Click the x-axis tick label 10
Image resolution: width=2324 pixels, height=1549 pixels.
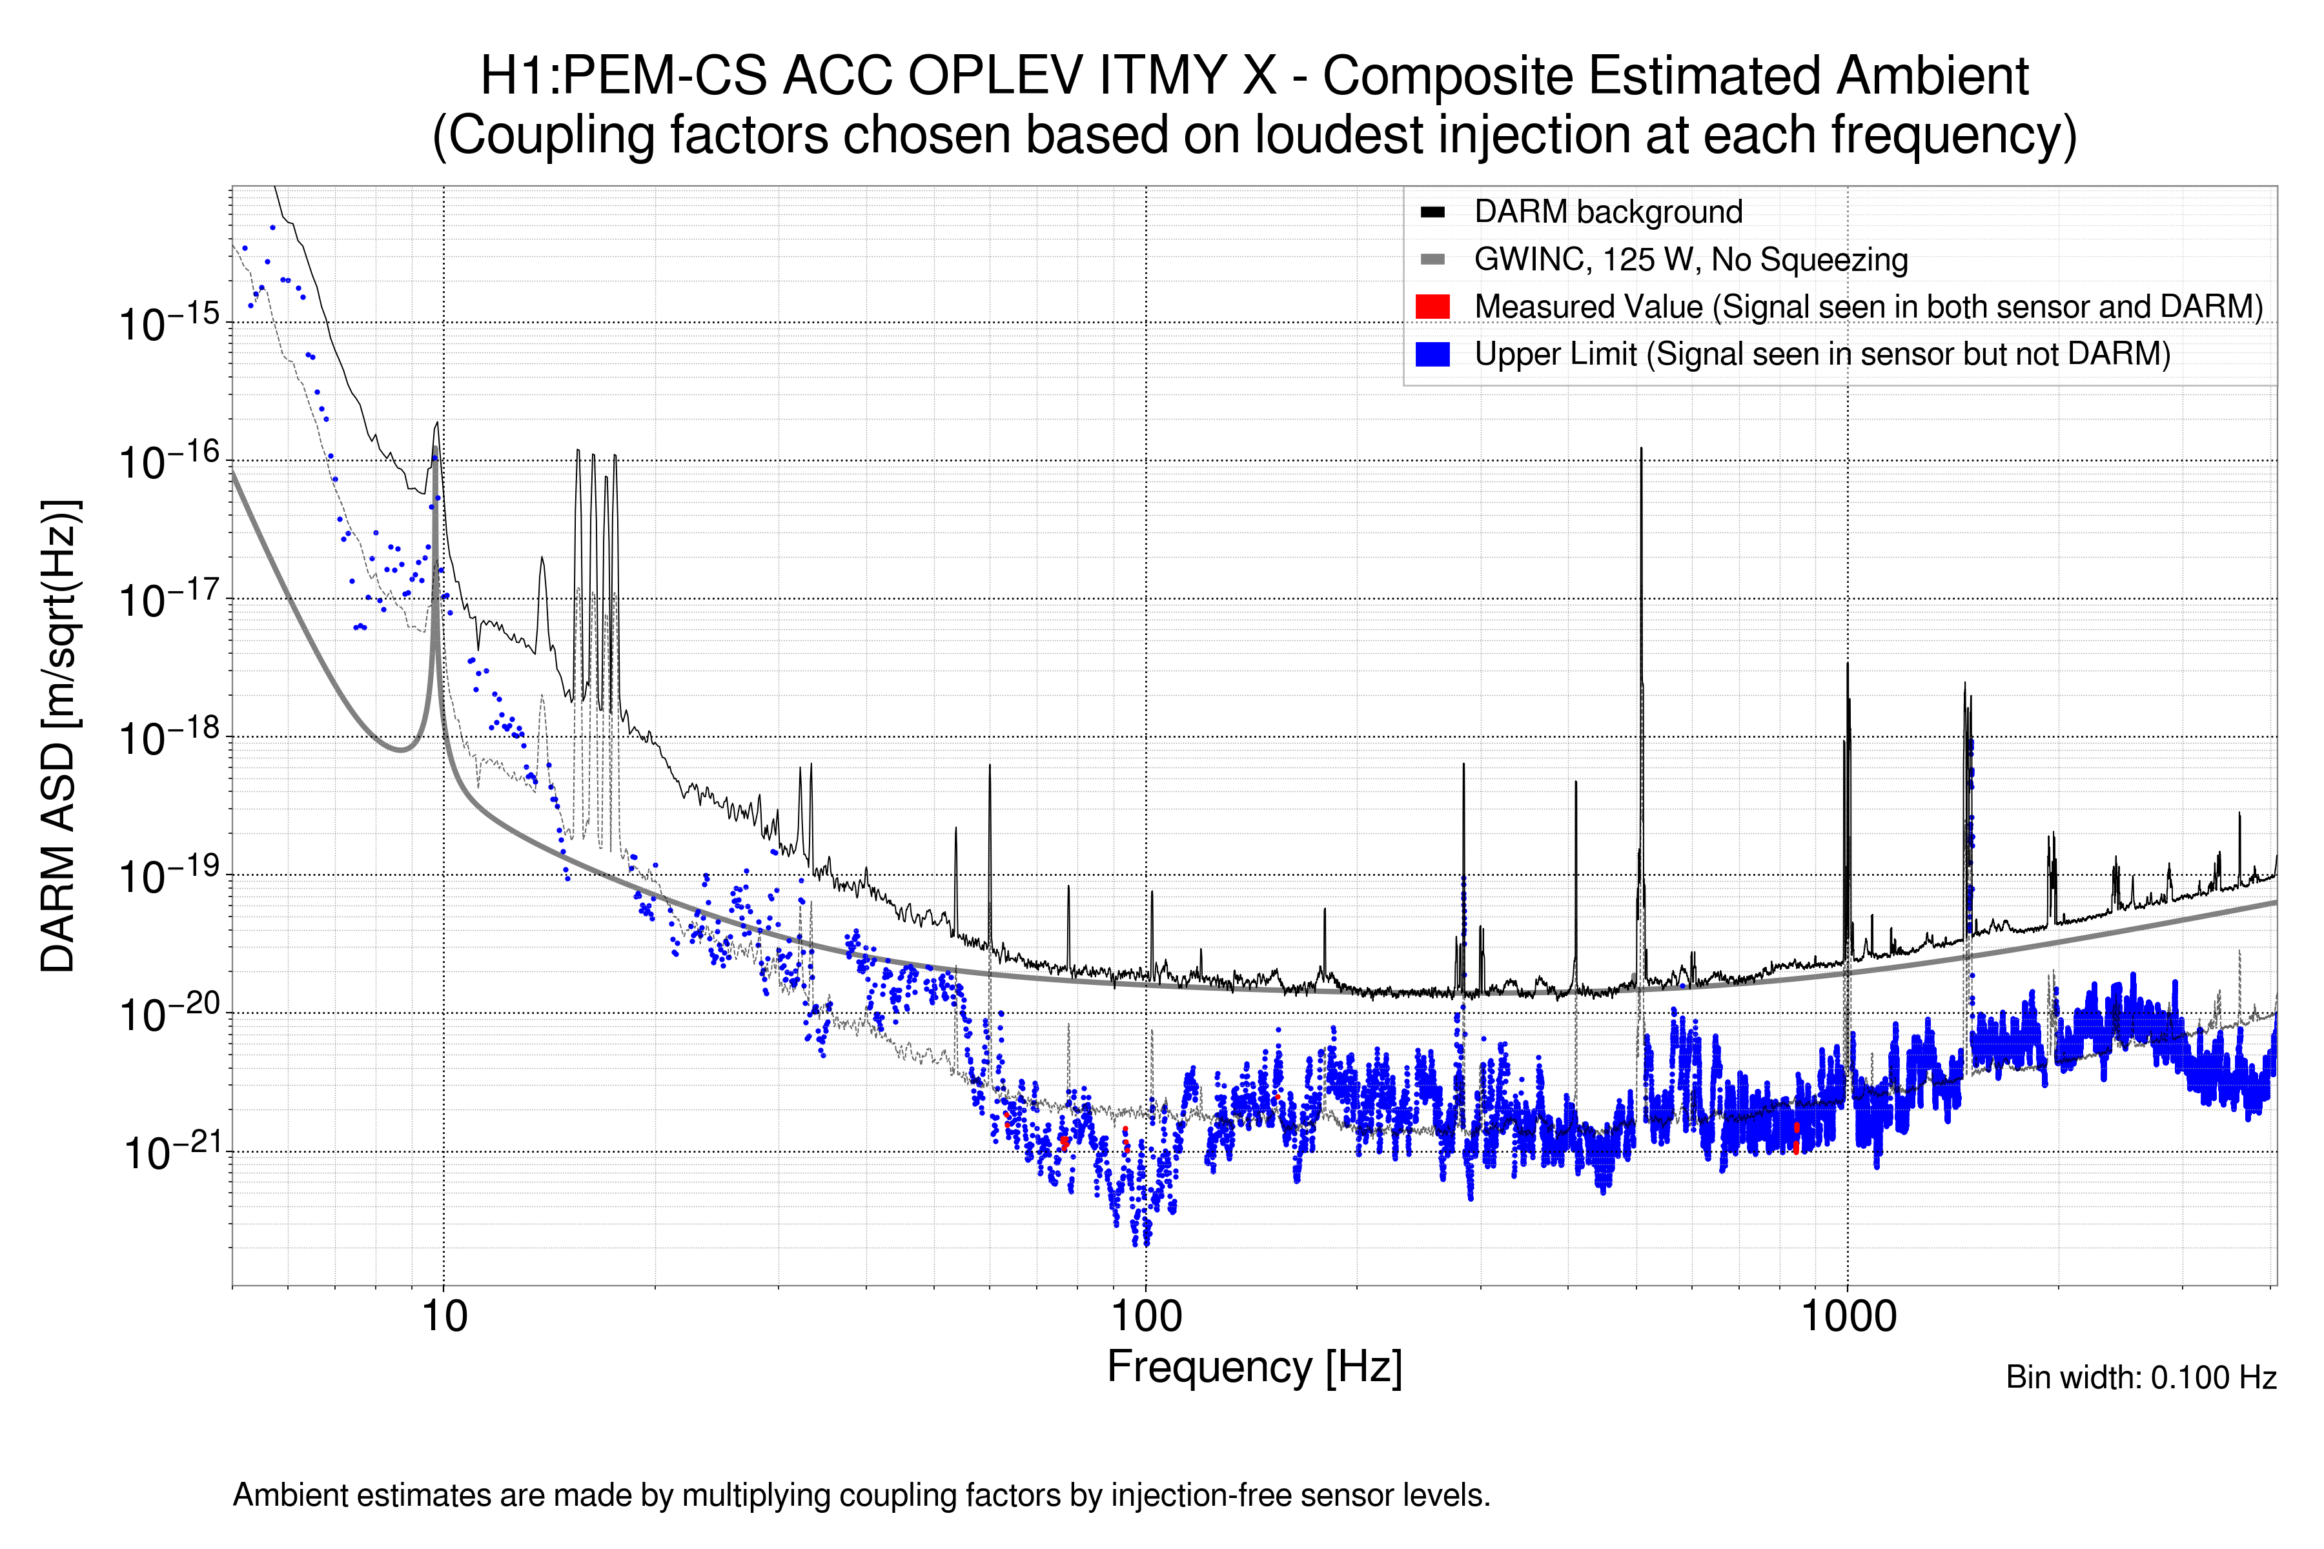(x=443, y=1317)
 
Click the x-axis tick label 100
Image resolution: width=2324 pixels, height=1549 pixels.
(x=1145, y=1317)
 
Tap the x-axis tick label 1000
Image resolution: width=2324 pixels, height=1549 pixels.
(x=1848, y=1317)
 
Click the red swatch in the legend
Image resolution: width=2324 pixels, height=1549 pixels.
(x=1432, y=306)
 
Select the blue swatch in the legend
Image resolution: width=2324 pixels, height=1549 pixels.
(x=1432, y=354)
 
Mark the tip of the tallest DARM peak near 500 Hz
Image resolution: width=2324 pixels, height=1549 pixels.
(x=1641, y=449)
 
